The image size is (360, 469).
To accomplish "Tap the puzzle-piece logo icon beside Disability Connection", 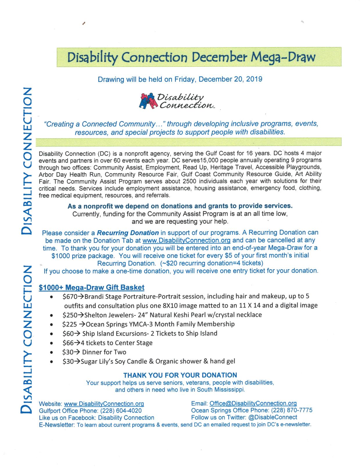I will coord(147,101).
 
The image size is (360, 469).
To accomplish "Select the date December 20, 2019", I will coord(230,79).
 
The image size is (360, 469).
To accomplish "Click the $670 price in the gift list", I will coord(69,297).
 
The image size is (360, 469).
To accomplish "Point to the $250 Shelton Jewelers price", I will coord(69,315).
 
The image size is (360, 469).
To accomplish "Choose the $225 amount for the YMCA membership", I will coord(69,324).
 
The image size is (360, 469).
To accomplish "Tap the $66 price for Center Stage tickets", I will coord(68,343).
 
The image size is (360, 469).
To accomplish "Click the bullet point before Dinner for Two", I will coord(51,353).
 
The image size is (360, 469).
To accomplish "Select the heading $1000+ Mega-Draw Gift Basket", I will coord(92,288).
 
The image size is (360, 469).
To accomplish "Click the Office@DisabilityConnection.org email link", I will coord(253,403).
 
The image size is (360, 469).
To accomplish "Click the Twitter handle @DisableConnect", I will coord(273,417).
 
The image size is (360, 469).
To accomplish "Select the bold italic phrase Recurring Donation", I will coord(128,233).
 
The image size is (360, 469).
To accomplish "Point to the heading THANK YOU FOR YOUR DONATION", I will coord(180,375).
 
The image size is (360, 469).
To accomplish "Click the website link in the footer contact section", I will coord(104,404).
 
